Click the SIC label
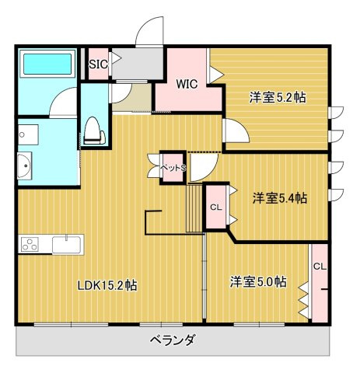[x=97, y=64]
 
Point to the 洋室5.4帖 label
[x=279, y=198]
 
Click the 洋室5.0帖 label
[x=257, y=281]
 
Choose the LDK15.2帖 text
[x=107, y=285]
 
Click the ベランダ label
[x=173, y=340]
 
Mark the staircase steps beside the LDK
[x=194, y=209]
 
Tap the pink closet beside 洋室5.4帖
[x=216, y=207]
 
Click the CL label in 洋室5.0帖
[x=319, y=266]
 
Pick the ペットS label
[x=173, y=167]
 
